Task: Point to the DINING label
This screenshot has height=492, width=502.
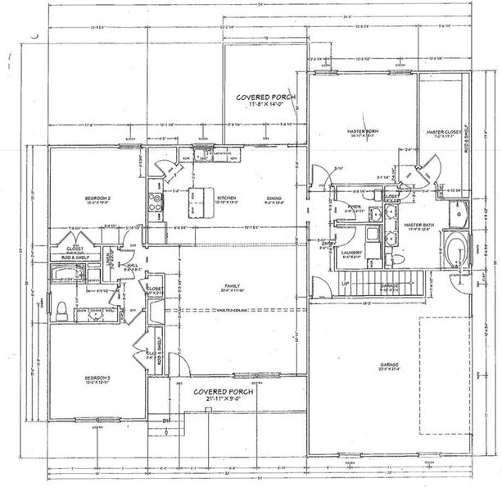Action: (273, 199)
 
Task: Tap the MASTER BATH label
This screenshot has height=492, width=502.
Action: (418, 226)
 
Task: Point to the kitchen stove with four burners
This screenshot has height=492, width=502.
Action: (152, 198)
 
